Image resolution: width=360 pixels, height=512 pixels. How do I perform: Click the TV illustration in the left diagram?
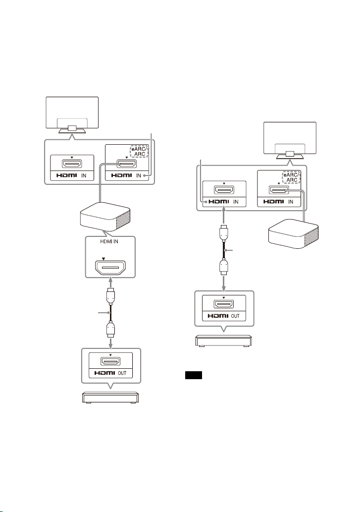tap(72, 115)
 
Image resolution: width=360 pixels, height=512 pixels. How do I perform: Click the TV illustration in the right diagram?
tap(290, 140)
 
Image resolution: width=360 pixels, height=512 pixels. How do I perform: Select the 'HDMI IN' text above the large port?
tap(109, 242)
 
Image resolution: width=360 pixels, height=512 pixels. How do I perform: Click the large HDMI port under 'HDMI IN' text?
tap(110, 268)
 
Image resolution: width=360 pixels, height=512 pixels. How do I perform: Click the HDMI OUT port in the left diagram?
tap(110, 361)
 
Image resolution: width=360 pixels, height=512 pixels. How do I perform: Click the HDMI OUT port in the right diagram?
tap(224, 304)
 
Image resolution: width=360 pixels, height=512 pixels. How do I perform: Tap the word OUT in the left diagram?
tap(122, 373)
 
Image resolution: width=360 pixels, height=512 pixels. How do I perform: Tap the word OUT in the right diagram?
tap(235, 316)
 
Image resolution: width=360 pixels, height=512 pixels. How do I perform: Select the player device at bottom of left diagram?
tap(110, 398)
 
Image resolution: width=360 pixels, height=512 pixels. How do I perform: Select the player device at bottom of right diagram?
tap(224, 341)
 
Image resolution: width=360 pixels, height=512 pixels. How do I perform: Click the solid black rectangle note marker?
tap(193, 375)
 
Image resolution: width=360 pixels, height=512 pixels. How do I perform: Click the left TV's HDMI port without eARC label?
tap(72, 164)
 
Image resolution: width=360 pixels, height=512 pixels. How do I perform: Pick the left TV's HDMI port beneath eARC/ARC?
tap(127, 164)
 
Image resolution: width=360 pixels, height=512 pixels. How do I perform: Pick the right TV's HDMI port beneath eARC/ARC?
tap(279, 189)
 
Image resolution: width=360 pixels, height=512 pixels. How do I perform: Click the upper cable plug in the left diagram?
tap(110, 296)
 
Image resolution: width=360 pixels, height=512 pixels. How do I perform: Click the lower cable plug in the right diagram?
tap(224, 267)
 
